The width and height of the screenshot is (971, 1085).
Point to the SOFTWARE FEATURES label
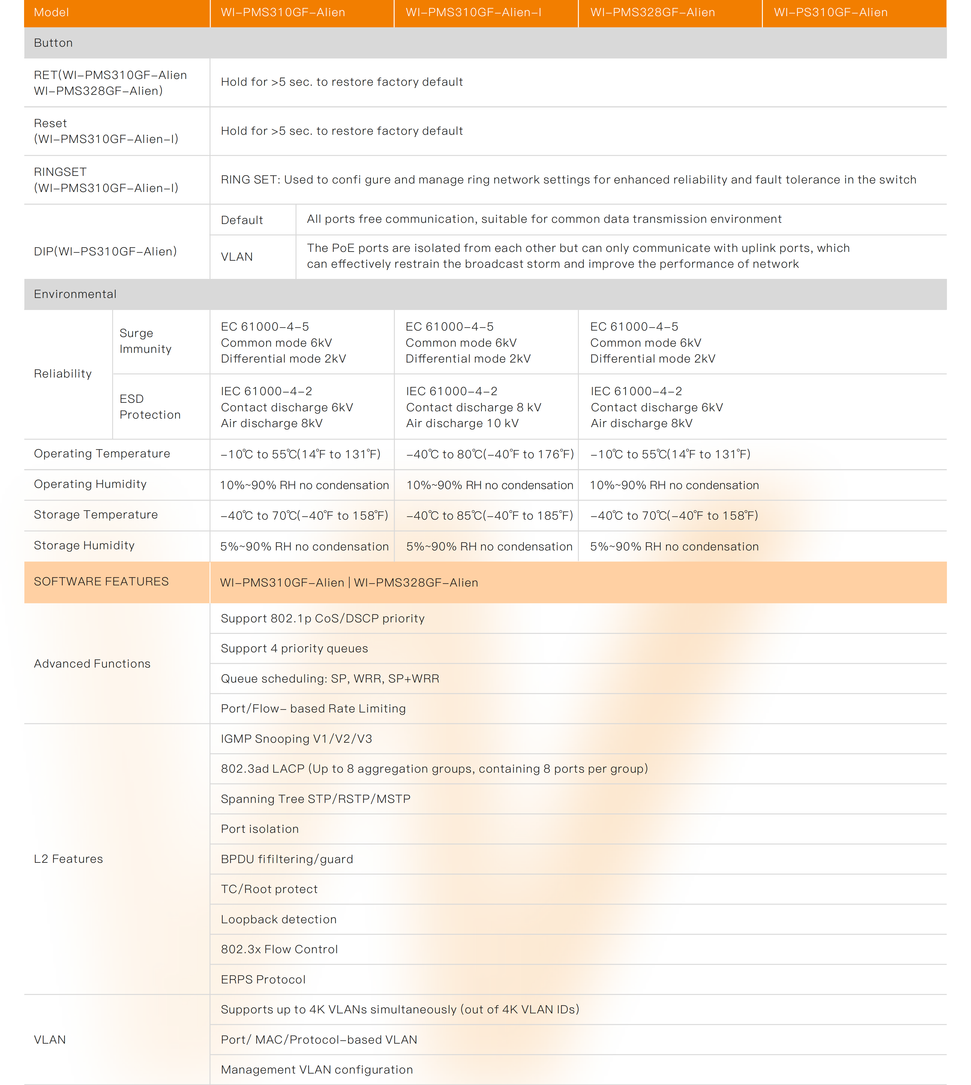[x=101, y=582]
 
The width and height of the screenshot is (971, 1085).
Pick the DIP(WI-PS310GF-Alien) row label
[x=105, y=251]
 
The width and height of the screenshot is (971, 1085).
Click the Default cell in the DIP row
[x=242, y=220]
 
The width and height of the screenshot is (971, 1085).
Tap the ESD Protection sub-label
[x=150, y=407]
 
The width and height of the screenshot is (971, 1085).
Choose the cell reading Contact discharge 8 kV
[x=473, y=407]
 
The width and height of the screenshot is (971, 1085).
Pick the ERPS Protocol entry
[x=263, y=979]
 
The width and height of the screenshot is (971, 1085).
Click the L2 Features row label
[x=68, y=859]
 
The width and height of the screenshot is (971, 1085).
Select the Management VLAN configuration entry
[x=317, y=1069]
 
